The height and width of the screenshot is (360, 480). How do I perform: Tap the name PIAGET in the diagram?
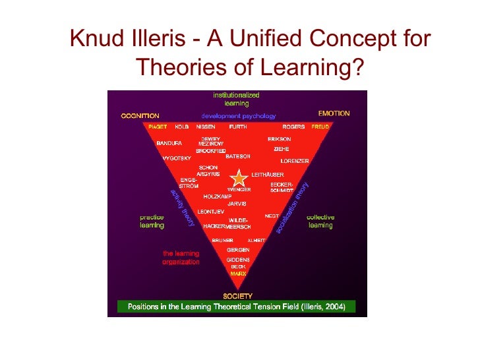pos(157,126)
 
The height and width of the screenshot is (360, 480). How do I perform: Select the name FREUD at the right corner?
pos(320,126)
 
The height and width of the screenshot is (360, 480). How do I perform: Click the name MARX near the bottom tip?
pos(238,273)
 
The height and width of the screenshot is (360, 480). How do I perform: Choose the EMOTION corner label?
pos(334,113)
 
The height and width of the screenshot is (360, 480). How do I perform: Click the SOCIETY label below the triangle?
pos(237,296)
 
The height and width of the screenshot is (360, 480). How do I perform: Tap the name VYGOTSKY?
pos(176,158)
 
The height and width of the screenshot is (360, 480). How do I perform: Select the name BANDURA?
pos(169,142)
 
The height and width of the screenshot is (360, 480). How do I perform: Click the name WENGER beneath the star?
pos(239,189)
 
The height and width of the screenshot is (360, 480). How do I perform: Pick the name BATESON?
pos(237,156)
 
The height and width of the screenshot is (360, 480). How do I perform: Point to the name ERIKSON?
pos(279,139)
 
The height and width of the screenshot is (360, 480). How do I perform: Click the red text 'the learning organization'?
pos(181,257)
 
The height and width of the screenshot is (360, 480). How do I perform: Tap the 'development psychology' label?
pos(238,115)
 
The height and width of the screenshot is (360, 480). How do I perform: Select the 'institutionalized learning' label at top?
pos(236,99)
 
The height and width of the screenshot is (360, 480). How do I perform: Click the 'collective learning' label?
pos(320,221)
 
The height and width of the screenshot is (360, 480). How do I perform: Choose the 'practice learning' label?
pos(152,221)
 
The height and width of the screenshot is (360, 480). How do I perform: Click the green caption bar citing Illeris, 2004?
pos(236,307)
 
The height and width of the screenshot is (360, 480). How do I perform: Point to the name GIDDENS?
pos(238,260)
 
